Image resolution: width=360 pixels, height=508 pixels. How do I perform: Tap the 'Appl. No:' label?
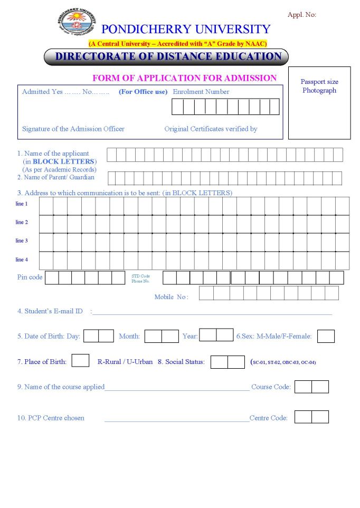pos(301,15)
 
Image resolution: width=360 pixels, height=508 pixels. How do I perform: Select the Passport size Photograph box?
pos(319,103)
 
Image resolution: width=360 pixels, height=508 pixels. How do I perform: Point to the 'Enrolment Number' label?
pos(201,92)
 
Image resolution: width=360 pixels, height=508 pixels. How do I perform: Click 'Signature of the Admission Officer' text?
pos(73,129)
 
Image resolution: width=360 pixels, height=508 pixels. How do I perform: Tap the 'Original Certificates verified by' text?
pos(211,129)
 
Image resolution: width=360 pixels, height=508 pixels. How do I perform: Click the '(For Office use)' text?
pos(143,92)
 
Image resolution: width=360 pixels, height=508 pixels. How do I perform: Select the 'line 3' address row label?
pos(22,241)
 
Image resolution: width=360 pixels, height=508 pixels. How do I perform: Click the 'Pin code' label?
pos(30,277)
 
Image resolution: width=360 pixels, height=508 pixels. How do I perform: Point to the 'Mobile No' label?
pos(170,297)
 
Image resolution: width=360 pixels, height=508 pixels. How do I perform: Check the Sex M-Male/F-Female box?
pos(326,336)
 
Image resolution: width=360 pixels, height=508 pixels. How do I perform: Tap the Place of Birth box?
pos(80,361)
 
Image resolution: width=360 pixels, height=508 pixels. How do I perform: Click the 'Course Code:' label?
pos(271,387)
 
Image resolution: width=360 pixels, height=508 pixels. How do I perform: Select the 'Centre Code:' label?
pos(269,418)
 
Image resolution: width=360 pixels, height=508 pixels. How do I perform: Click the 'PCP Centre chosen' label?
pos(51,418)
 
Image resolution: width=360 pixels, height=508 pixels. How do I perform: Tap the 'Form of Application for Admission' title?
pos(184,78)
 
